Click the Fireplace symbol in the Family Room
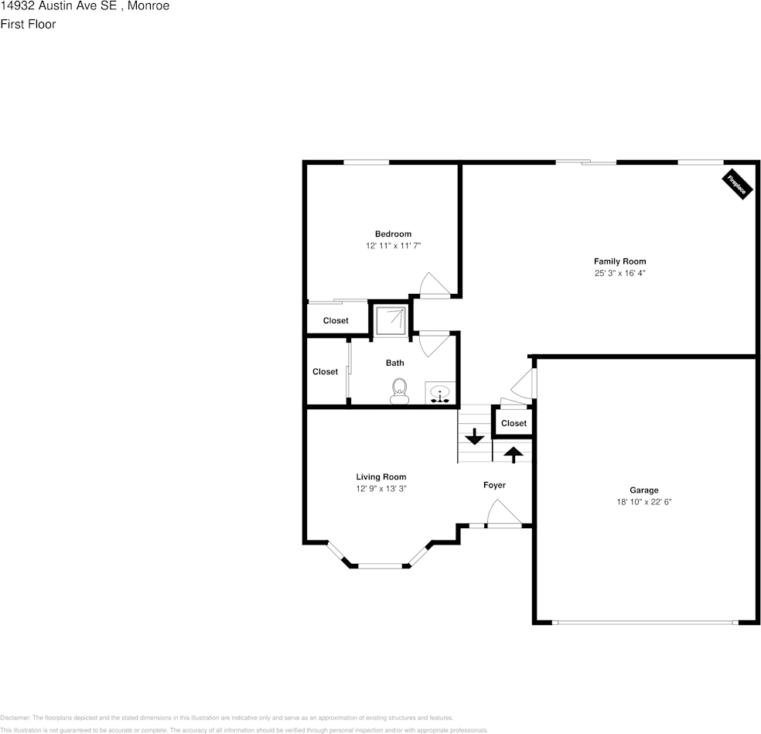737,184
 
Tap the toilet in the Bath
400,390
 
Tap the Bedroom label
393,234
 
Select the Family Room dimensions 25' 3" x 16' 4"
619,273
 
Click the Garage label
643,490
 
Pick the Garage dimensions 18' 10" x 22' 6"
643,501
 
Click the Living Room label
380,476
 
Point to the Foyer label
494,485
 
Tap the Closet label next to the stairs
514,423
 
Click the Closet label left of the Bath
325,371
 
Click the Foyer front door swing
503,514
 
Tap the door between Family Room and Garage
524,384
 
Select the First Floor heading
28,24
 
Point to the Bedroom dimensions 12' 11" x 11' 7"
393,245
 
